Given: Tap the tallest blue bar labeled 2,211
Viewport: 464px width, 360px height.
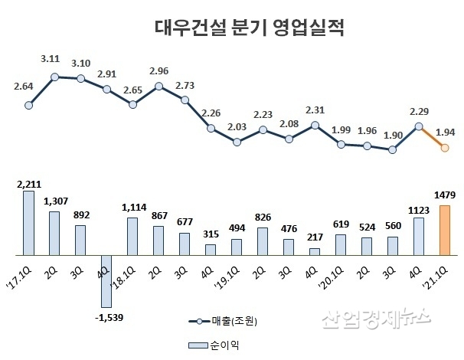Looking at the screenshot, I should click(28, 222).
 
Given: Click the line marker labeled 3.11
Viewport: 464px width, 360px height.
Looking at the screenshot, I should click(54, 77).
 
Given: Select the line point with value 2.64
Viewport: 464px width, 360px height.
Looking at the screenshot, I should click(28, 106).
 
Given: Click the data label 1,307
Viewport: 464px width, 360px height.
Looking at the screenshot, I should click(54, 201).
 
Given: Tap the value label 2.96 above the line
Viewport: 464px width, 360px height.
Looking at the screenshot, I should click(159, 70).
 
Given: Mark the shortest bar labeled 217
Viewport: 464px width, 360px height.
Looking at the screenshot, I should click(314, 250).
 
